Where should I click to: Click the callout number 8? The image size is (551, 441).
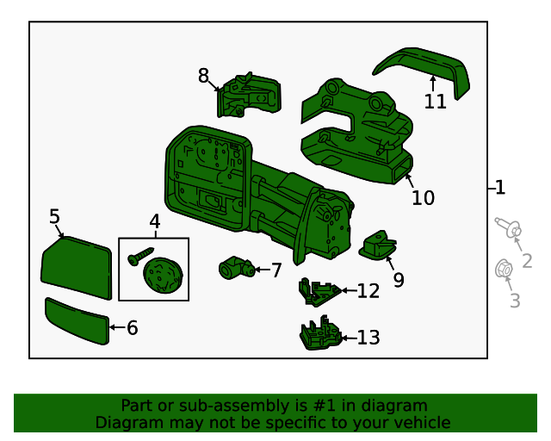coord(203,76)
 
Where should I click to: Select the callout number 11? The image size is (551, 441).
coord(436,102)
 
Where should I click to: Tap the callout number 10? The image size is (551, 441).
coord(423,198)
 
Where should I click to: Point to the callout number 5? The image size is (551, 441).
coord(54,216)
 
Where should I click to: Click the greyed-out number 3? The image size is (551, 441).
coord(515,301)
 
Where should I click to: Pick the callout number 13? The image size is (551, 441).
coord(368,338)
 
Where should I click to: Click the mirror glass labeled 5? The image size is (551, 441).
coord(77,269)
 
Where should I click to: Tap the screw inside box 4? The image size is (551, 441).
coord(137,256)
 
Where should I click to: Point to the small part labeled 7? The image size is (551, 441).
coord(234,269)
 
